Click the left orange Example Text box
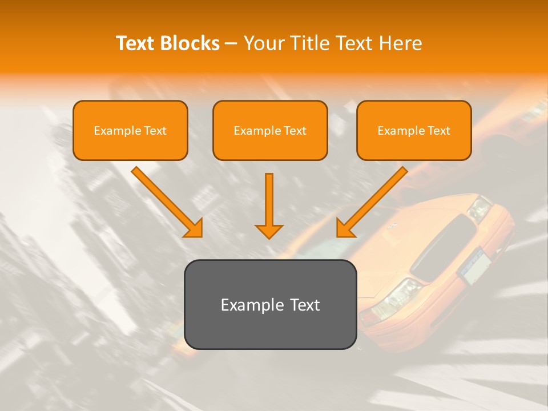tap(130, 130)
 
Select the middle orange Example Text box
tap(270, 130)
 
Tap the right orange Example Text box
tap(414, 130)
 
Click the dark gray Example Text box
tap(270, 304)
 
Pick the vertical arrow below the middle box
tap(269, 205)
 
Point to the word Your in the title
tap(263, 43)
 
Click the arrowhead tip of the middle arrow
tap(269, 237)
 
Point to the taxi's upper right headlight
tap(479, 208)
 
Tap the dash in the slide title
tap(232, 44)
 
